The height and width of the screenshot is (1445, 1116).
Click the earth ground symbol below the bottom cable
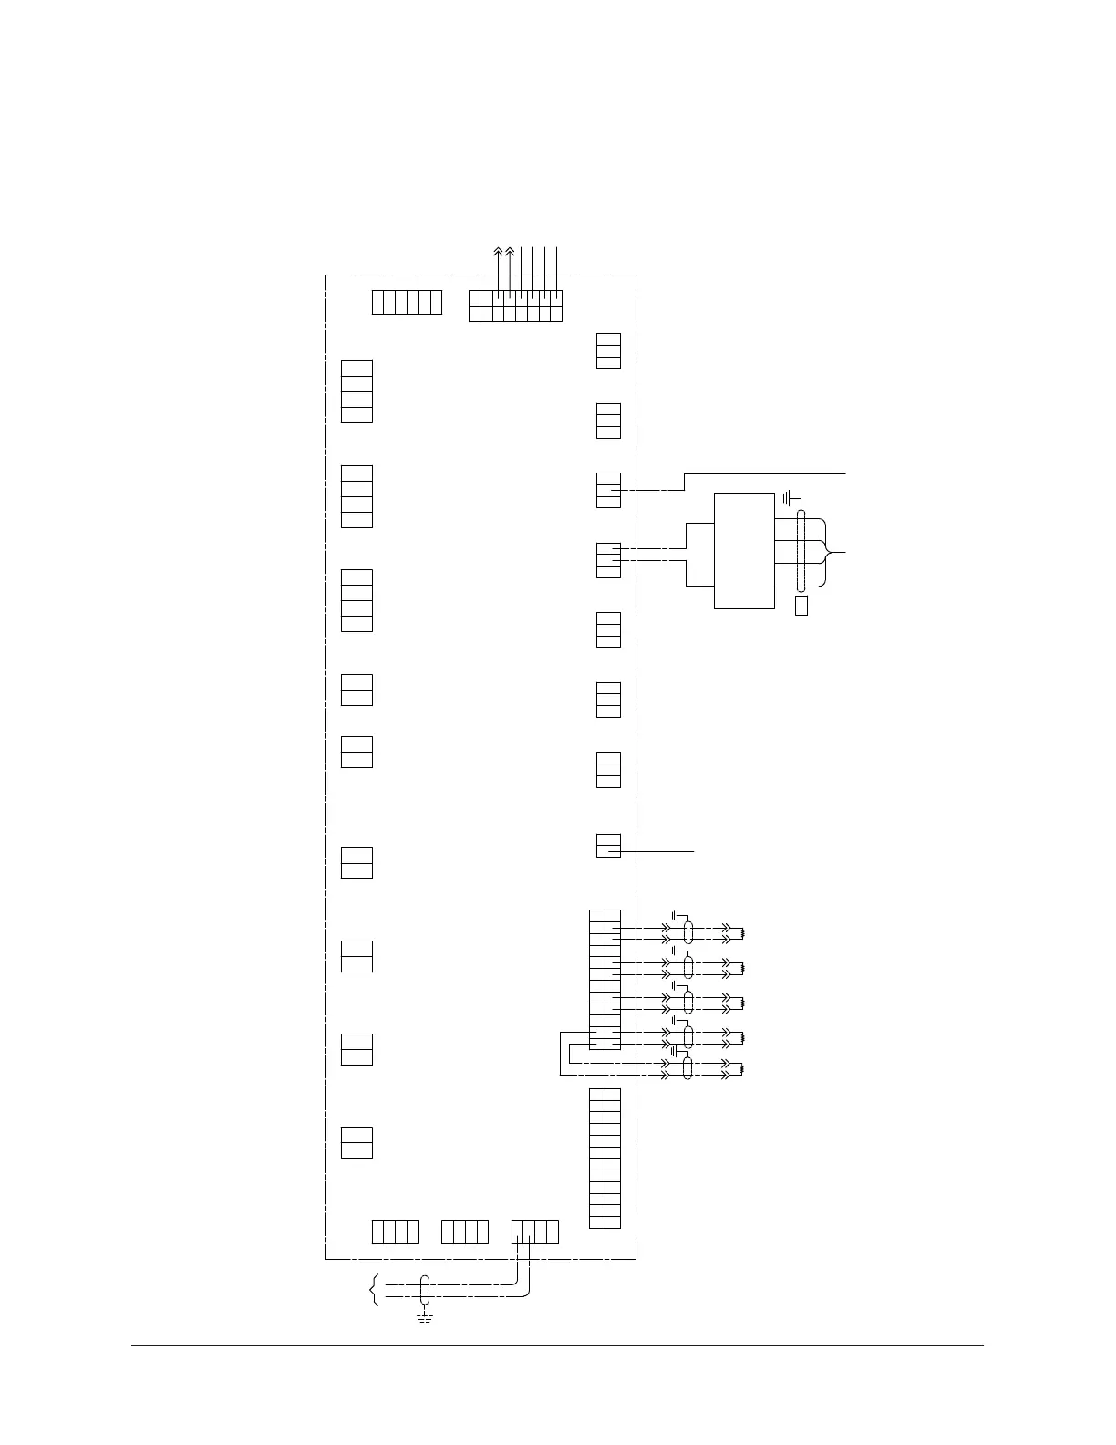pos(424,1316)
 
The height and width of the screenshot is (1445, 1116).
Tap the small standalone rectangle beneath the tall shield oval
pos(801,606)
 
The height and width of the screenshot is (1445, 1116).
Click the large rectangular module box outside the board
pos(744,550)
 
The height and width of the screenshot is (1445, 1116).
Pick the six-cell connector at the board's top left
pos(407,302)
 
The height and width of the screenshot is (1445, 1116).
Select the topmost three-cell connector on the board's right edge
pos(608,350)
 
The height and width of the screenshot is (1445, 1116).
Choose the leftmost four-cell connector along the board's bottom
pos(396,1231)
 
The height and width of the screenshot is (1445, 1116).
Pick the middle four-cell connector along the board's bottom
pos(465,1231)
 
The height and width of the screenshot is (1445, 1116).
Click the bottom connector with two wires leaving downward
pos(534,1231)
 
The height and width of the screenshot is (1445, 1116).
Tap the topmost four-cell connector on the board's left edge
pos(356,391)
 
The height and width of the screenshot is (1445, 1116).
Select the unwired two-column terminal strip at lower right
pos(604,1158)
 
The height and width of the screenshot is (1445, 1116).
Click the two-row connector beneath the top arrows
pos(515,306)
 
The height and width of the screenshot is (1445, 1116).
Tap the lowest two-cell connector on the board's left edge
pos(356,1142)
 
